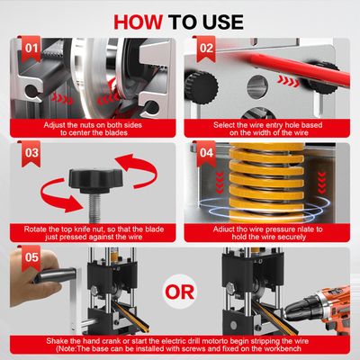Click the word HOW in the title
pos(139,22)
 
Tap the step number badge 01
pos(31,49)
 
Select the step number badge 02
pos(206,49)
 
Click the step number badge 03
pos(31,153)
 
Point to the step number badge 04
pos(206,153)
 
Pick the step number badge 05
pos(31,257)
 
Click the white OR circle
pos(180,292)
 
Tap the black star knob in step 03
pos(96,180)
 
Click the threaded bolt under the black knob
pos(96,208)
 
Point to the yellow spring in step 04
pos(266,183)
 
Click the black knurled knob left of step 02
pos(200,88)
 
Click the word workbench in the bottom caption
pos(283,348)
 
